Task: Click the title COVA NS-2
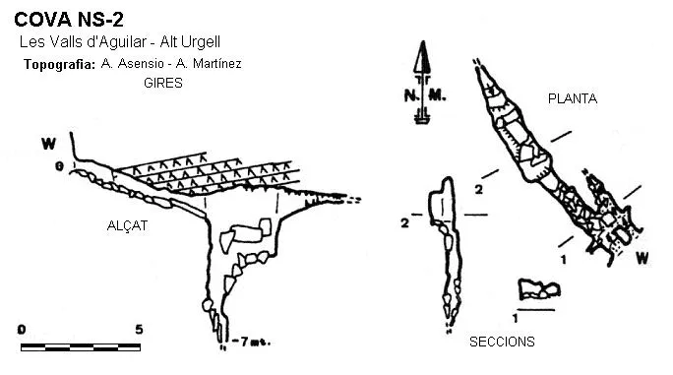point(69,20)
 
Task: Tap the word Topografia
point(59,64)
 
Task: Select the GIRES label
point(163,83)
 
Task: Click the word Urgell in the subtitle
point(201,42)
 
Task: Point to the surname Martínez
point(217,64)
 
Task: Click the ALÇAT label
point(127,225)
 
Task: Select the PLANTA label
point(573,98)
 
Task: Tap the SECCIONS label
point(502,342)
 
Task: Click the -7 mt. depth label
point(252,342)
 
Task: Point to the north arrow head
point(422,57)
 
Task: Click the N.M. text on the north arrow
point(425,95)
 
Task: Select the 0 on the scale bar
point(22,330)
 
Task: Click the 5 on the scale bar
point(139,330)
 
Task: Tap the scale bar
point(81,347)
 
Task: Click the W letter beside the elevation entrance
point(48,144)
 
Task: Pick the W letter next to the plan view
point(642,258)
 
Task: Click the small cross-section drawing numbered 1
point(539,289)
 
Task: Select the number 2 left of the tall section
point(404,223)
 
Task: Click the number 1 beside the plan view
point(564,260)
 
